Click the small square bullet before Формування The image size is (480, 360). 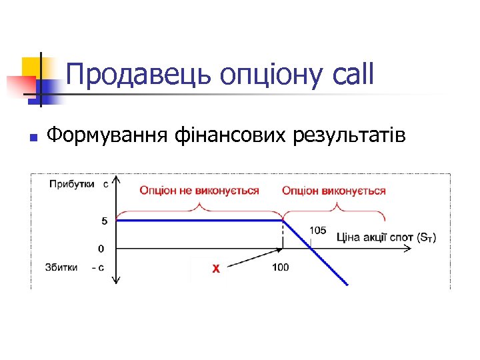[32, 138]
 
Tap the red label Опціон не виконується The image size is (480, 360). [199, 191]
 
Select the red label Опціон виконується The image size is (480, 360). [334, 191]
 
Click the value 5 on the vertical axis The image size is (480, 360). [101, 221]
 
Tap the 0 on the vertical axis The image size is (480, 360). [101, 249]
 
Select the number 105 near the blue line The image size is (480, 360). [317, 231]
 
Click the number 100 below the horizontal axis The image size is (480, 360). [281, 267]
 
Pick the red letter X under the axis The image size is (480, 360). [215, 269]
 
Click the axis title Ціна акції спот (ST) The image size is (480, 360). [387, 237]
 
